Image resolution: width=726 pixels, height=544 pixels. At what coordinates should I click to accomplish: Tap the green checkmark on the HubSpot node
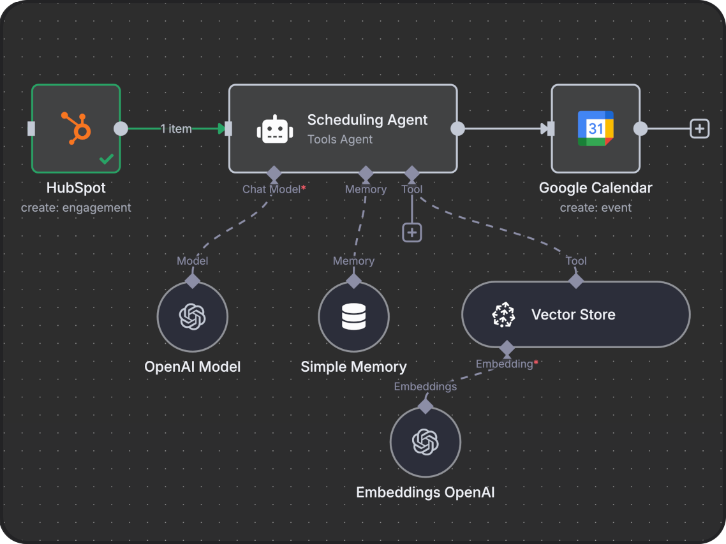(x=106, y=159)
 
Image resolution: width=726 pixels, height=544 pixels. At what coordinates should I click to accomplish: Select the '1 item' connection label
(x=176, y=129)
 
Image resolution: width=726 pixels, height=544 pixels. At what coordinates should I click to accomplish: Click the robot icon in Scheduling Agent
(x=275, y=129)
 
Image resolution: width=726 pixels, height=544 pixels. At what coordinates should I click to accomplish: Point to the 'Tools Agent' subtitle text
(x=339, y=140)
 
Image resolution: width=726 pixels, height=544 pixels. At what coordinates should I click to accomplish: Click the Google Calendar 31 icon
(x=595, y=128)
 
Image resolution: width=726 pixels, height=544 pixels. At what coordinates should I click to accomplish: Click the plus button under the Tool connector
(x=412, y=233)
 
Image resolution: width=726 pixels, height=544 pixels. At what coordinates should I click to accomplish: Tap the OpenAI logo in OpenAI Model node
(x=193, y=316)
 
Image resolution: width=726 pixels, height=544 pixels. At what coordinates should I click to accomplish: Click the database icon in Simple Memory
(x=353, y=316)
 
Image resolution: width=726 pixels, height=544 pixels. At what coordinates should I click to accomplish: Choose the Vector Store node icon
(x=504, y=315)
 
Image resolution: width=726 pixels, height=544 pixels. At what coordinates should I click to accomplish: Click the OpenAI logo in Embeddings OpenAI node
(x=426, y=442)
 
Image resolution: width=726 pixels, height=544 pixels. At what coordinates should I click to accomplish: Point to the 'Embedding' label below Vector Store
(x=505, y=364)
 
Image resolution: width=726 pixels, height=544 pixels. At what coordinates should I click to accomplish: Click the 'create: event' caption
(x=595, y=208)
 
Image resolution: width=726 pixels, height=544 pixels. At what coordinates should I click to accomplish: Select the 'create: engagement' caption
(x=76, y=208)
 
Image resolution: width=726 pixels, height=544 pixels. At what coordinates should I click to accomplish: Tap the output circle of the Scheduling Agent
(x=457, y=129)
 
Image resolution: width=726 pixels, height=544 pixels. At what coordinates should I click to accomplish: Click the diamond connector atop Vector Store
(x=576, y=280)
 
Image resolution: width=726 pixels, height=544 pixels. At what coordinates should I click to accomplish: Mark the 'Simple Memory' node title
(x=353, y=367)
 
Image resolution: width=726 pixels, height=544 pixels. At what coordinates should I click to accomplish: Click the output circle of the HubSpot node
(x=121, y=129)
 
